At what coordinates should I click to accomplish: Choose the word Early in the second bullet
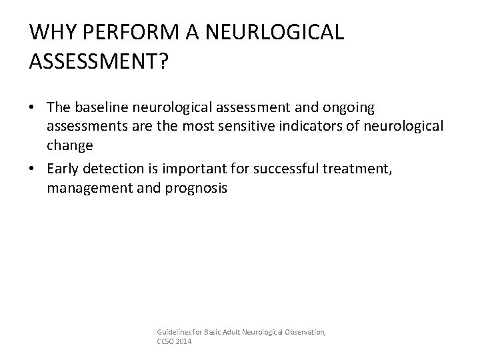pos(64,170)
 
